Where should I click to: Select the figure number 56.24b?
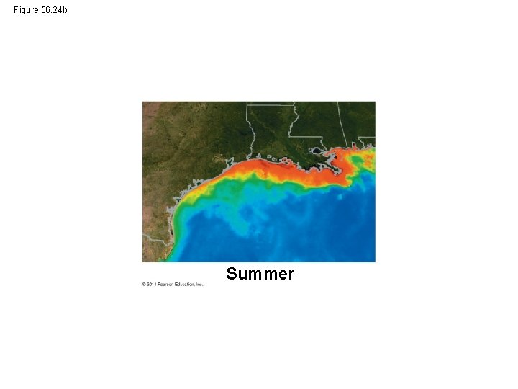[x=54, y=10]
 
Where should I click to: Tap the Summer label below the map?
[x=260, y=274]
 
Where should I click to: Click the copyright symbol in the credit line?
[x=144, y=285]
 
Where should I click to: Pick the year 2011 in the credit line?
[x=150, y=285]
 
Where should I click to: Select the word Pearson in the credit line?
[x=165, y=285]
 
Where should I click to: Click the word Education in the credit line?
[x=183, y=285]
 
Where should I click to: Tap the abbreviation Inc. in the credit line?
[x=200, y=285]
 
